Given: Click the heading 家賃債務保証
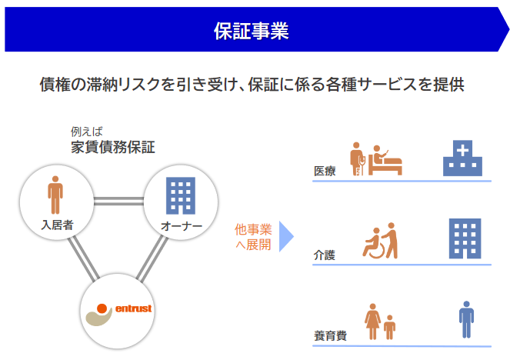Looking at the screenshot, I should point(113,147).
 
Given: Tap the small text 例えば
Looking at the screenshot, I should point(86,131).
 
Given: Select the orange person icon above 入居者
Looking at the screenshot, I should point(55,194).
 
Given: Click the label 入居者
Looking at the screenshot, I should point(57,225).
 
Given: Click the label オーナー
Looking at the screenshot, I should point(182,226).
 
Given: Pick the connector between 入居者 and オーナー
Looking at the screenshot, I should point(118,202).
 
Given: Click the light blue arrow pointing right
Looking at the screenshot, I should point(286,236).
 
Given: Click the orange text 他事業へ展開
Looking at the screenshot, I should point(253,237).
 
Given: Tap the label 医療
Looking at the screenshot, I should point(325,171).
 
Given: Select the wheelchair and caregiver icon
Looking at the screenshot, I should point(382,242).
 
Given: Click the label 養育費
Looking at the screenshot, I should point(330,335).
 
